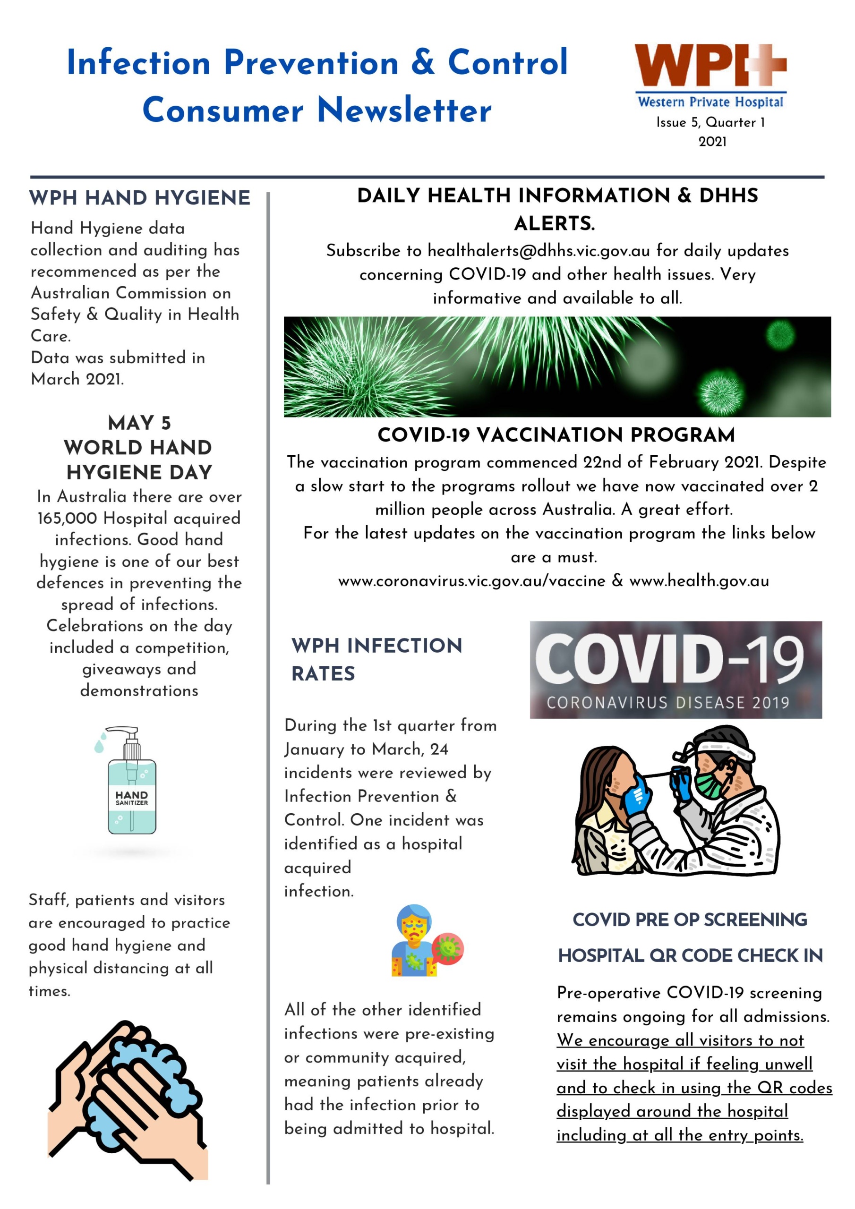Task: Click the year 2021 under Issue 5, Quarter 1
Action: click(712, 142)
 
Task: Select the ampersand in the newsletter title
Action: click(422, 62)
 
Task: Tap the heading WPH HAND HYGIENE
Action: click(140, 198)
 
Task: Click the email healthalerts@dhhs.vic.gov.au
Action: click(539, 251)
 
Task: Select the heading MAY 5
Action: click(139, 423)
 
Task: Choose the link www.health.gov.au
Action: click(699, 581)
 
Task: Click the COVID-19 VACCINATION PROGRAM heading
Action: click(556, 435)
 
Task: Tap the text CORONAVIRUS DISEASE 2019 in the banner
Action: click(667, 702)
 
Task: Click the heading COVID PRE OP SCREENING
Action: click(690, 920)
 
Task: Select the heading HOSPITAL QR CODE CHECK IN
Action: click(690, 955)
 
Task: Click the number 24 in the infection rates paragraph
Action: click(439, 749)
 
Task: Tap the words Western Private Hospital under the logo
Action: click(710, 102)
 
